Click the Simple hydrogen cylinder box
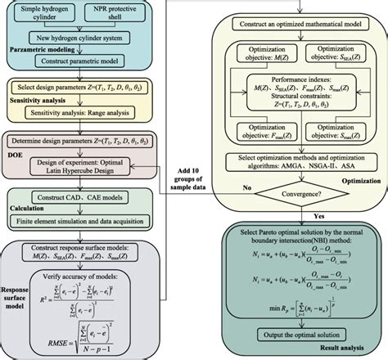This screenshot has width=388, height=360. point(55,20)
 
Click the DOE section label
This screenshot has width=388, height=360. point(21,153)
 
